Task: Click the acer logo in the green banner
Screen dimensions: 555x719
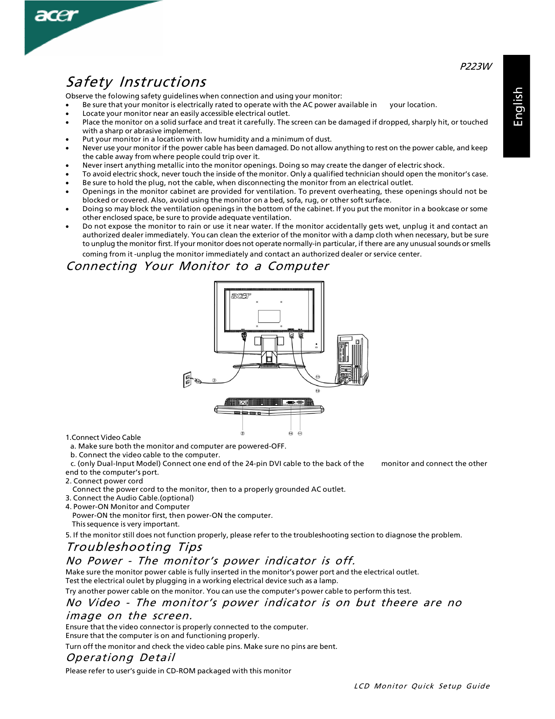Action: (x=57, y=16)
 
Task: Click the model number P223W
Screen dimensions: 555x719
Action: (x=475, y=66)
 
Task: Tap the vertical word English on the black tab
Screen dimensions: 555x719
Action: (x=517, y=107)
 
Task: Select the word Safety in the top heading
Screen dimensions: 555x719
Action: (x=89, y=82)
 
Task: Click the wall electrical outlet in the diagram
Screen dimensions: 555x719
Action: (x=187, y=380)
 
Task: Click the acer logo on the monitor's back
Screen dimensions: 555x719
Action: (x=241, y=296)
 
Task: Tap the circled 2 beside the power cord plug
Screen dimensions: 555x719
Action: (x=214, y=380)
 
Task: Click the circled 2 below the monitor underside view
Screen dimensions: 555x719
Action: (x=242, y=433)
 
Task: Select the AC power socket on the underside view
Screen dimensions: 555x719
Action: (x=243, y=402)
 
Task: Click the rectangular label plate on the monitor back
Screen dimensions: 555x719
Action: (x=269, y=316)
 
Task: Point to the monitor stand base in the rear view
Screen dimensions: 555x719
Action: (x=269, y=365)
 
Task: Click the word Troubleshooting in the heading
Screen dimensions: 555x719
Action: (x=119, y=547)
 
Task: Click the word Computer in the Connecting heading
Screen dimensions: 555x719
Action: (x=298, y=266)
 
